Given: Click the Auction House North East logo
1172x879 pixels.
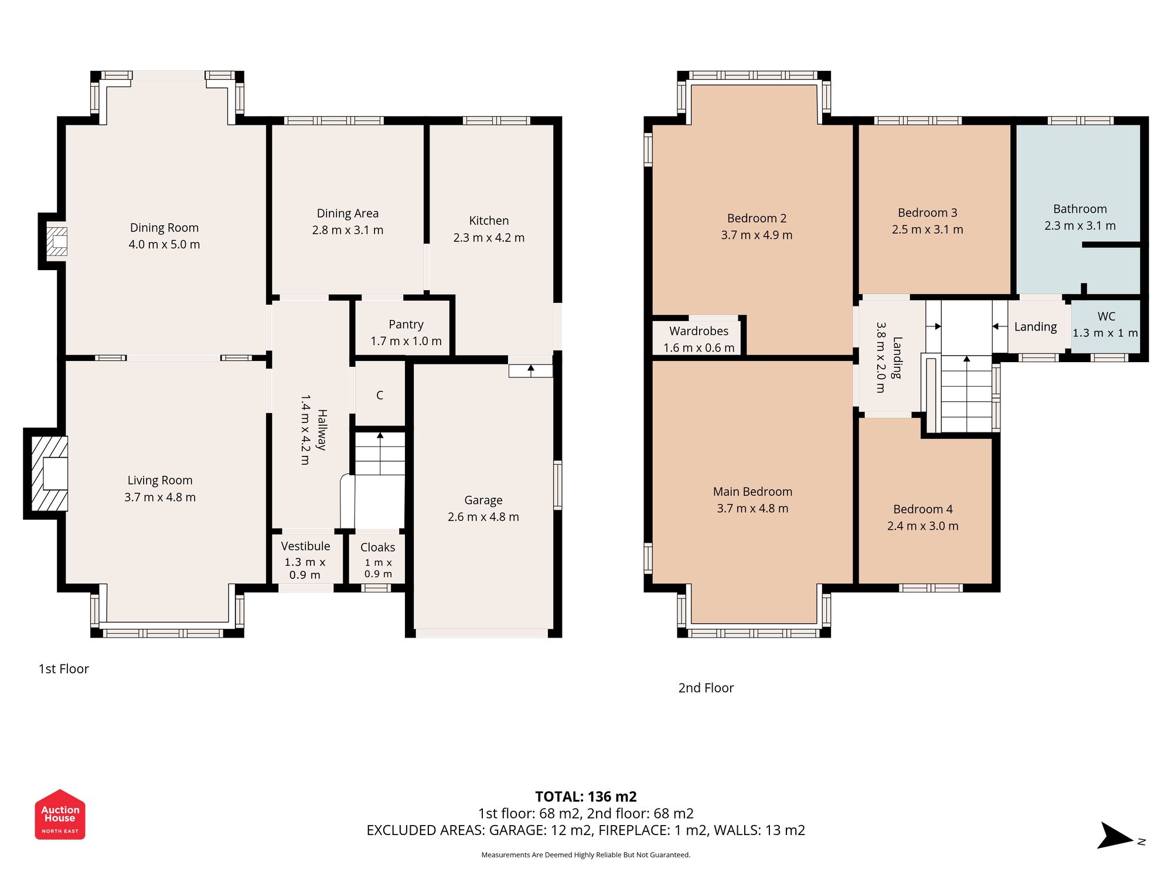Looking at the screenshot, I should tap(60, 815).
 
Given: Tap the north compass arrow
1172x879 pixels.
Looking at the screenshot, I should tap(1116, 836).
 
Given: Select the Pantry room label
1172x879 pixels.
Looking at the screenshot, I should tap(406, 325).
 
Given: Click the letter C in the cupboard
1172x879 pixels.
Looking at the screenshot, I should tap(380, 396).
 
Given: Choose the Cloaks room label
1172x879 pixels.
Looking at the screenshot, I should tap(377, 547).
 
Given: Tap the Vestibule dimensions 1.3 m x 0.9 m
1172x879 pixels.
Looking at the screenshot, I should tap(305, 568).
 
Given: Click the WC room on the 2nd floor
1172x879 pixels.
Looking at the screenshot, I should tap(1105, 325).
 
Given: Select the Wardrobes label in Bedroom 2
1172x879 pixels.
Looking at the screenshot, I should tap(699, 331).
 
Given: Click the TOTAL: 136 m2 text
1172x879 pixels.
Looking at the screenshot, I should tap(585, 796).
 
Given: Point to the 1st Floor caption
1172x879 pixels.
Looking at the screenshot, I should tap(63, 669).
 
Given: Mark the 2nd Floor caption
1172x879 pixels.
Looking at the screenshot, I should tap(706, 688).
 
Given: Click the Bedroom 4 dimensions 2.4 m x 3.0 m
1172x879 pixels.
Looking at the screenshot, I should tap(922, 526).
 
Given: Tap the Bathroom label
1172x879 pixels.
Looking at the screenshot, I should tap(1079, 209).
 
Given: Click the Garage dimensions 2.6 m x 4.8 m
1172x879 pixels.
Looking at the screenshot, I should tap(483, 517).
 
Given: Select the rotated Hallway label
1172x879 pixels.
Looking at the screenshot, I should tap(321, 430).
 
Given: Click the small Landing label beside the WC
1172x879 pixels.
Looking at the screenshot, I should tap(1035, 327).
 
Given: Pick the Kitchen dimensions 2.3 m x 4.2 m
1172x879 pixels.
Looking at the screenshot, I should tap(489, 238).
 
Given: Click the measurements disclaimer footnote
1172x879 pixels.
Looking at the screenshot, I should tap(585, 855).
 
